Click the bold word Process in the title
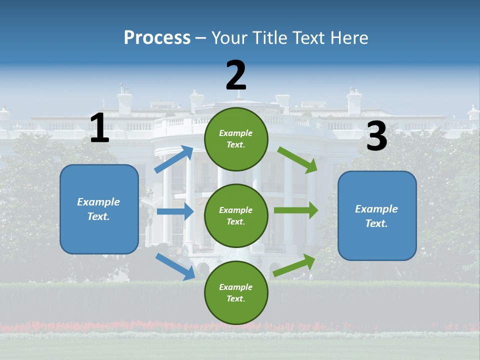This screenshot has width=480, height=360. pos(157,37)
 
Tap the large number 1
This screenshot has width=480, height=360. pos(99,128)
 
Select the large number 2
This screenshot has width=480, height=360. pos(236,75)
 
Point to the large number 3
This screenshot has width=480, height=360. pos(376,136)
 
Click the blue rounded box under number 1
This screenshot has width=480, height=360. pos(99,209)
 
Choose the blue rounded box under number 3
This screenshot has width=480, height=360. pos(377,216)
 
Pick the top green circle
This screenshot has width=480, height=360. pos(236,139)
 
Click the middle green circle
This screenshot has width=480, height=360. pos(236,216)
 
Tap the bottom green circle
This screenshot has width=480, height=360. pos(236,293)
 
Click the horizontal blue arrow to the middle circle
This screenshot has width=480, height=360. pos(175,211)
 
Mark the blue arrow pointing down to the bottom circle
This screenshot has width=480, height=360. pos(175,266)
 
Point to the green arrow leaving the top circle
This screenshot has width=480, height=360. pos(297,159)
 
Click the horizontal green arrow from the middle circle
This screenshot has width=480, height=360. pos(295,210)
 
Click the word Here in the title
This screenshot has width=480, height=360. pos(350,37)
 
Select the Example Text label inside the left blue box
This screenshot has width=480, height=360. pos(98,209)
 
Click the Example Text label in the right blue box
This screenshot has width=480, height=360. pos(376,216)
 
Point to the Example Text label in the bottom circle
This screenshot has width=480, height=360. pos(235,293)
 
